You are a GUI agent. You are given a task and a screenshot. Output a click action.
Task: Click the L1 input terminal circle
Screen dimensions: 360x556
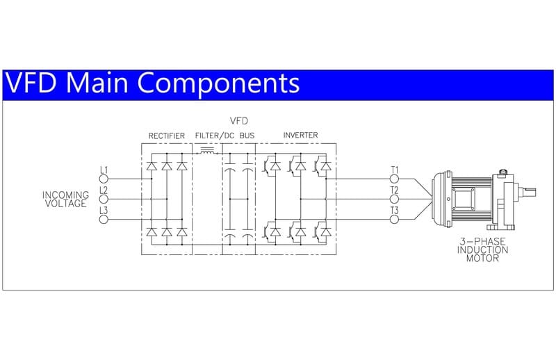tap(104, 178)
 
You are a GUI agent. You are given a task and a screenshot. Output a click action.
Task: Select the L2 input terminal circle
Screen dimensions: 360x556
tap(104, 198)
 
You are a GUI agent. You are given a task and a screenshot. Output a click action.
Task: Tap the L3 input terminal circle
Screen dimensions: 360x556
tap(104, 219)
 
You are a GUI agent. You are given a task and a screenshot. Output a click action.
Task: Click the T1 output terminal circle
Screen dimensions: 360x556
tap(394, 178)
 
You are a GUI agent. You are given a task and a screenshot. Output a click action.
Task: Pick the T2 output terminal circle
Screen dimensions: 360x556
tap(394, 198)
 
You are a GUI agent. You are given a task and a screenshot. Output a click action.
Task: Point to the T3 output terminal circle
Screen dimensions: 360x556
tap(394, 219)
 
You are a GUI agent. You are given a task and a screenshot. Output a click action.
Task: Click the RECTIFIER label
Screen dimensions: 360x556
tap(167, 135)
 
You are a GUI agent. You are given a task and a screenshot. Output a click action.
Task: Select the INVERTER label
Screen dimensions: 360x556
tap(301, 135)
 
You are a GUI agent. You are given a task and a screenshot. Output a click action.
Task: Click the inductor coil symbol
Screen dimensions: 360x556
tap(207, 149)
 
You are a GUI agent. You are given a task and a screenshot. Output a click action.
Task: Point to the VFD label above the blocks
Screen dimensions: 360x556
tap(238, 121)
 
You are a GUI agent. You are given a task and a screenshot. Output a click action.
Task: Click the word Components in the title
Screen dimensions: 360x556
tap(222, 83)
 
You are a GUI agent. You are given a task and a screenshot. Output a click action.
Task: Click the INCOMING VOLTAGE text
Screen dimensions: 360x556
tap(65, 199)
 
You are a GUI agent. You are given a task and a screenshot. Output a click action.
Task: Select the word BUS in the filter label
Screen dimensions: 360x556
tap(247, 135)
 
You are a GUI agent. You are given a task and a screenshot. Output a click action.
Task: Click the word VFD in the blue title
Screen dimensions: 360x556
tap(33, 83)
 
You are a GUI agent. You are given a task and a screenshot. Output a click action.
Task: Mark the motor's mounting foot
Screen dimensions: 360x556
tap(500, 226)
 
